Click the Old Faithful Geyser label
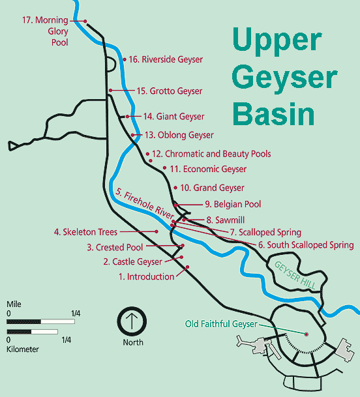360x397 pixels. click(221, 324)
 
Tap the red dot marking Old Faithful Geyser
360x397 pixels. click(307, 334)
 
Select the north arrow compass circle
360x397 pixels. click(132, 321)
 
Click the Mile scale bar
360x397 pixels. click(40, 321)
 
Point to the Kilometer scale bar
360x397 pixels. click(32, 332)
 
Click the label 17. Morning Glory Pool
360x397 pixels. click(46, 31)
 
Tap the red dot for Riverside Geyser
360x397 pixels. click(125, 59)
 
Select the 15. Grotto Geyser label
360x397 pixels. click(170, 91)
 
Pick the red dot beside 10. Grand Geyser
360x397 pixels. click(175, 188)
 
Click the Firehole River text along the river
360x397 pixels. click(145, 204)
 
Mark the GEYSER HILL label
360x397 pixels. click(295, 275)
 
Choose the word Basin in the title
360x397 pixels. click(273, 113)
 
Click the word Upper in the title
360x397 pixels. click(277, 42)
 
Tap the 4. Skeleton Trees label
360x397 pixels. click(85, 232)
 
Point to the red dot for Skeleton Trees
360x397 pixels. click(157, 231)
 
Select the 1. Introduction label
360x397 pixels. click(147, 276)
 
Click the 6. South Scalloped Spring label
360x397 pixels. click(306, 245)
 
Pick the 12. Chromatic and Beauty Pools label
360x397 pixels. click(211, 154)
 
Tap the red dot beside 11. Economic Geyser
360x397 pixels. click(164, 168)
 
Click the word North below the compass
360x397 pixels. click(133, 342)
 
